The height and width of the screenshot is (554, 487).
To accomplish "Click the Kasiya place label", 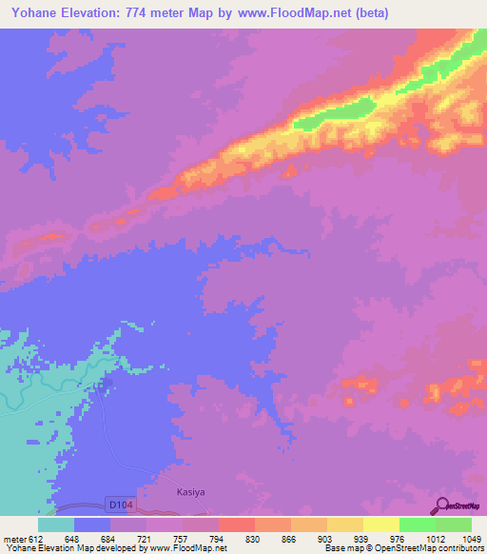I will (190, 493).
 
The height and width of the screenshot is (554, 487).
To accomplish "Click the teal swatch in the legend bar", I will (56, 524).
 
